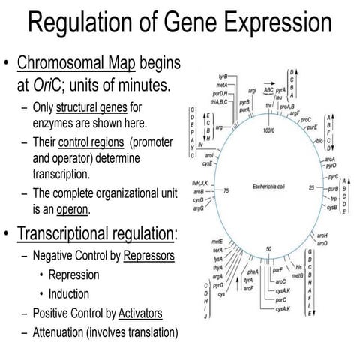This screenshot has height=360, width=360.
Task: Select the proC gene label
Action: point(305,119)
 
